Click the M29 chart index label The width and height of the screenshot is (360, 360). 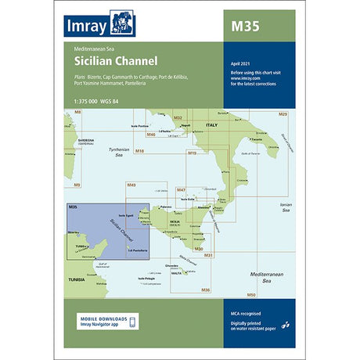(283, 115)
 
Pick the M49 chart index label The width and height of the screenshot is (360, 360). (131, 185)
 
